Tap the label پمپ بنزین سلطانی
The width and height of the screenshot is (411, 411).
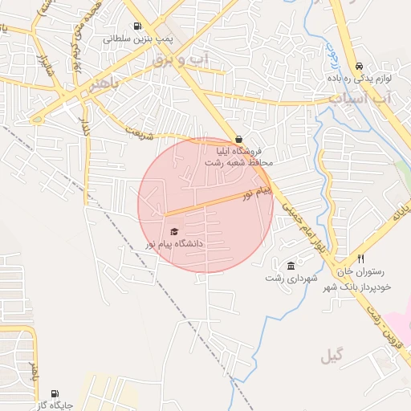tap(137, 38)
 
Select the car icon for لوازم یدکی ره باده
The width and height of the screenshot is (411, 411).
tap(359, 66)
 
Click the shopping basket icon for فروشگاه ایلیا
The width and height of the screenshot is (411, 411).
tap(238, 138)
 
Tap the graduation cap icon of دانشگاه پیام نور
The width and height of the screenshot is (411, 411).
tap(174, 231)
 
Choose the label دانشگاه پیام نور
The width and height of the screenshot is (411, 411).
tap(174, 243)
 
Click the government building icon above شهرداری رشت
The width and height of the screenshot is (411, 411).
tap(291, 266)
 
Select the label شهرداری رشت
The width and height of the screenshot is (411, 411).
tap(292, 279)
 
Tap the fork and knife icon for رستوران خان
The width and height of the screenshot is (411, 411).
tap(361, 259)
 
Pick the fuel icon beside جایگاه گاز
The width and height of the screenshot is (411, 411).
tap(54, 394)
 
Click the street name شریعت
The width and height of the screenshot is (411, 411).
tap(140, 132)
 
